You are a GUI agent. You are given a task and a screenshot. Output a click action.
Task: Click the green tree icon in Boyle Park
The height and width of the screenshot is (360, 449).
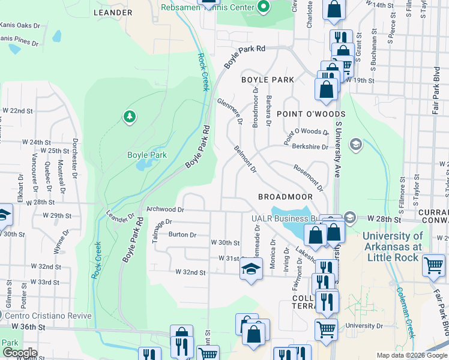point(129,116)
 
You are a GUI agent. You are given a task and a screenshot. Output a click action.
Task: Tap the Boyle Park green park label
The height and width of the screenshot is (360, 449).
point(146,154)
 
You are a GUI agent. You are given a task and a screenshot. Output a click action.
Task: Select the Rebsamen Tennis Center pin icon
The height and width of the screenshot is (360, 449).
point(263,7)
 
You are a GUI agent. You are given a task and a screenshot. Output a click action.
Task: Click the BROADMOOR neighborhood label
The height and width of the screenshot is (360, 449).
point(286,197)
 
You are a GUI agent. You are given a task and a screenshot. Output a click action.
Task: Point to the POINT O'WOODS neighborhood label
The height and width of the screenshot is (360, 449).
point(310,114)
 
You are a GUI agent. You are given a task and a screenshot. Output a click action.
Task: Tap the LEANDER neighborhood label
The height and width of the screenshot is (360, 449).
point(113,12)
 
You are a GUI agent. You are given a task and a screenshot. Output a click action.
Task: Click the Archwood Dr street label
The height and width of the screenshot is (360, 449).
point(164,210)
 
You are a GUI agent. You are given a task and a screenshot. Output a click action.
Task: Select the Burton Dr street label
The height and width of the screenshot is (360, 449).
point(182,235)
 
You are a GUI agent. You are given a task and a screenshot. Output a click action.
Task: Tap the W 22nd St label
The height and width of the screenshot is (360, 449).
point(17,111)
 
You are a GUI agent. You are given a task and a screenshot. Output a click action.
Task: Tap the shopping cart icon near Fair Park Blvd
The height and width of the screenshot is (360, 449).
point(433,265)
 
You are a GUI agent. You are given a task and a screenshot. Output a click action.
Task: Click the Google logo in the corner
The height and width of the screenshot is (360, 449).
point(20,353)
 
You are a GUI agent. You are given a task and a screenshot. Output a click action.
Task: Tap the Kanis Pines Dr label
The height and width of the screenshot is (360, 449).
point(19,43)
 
